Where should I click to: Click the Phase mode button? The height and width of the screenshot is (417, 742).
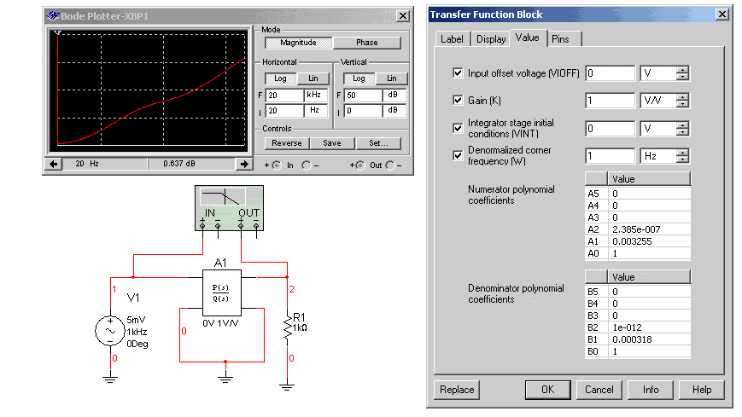click(x=366, y=43)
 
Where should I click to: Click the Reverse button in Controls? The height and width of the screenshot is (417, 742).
click(x=287, y=143)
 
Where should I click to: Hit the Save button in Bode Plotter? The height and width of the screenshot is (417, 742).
click(x=332, y=143)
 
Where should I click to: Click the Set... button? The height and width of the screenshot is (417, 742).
click(x=377, y=143)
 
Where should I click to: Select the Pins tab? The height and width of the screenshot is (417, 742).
click(x=560, y=38)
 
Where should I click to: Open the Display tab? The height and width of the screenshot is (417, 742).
click(x=491, y=38)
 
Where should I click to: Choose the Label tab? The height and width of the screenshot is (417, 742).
click(x=451, y=38)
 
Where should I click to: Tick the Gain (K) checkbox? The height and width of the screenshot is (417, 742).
click(x=459, y=100)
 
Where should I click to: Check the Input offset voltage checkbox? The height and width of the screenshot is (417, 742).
click(x=459, y=73)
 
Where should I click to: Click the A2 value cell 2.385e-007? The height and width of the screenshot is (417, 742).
click(x=649, y=229)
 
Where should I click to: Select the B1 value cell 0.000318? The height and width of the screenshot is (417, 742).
click(x=649, y=339)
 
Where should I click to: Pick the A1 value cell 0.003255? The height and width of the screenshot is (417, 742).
click(x=649, y=241)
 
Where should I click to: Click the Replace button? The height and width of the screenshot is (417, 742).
click(x=457, y=390)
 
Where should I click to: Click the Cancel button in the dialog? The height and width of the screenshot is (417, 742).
click(x=599, y=390)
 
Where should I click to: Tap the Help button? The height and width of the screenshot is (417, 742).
click(x=702, y=390)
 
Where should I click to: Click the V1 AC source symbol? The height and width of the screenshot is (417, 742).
click(x=112, y=328)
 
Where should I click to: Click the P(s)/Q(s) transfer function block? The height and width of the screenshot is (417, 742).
click(x=221, y=292)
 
